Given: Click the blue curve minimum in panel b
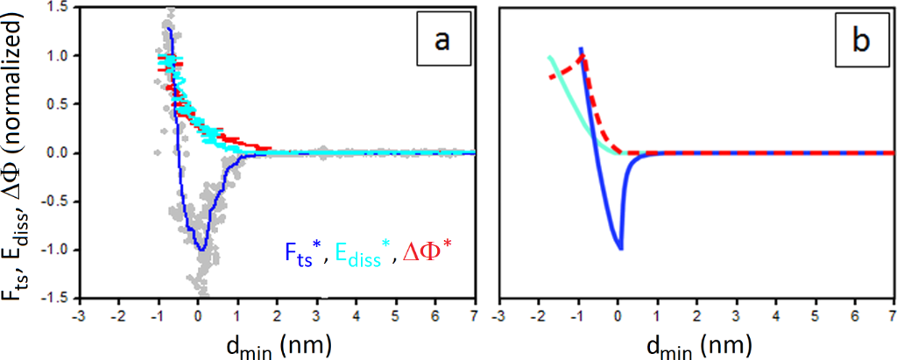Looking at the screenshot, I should (x=621, y=249).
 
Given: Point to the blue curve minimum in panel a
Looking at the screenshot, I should (x=201, y=250).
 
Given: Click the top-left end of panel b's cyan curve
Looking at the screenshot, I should (x=550, y=58).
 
